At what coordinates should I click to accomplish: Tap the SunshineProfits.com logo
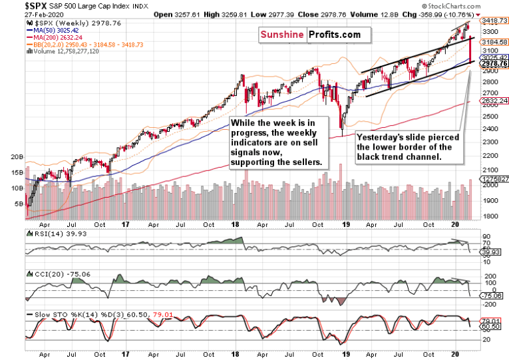click(x=315, y=34)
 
